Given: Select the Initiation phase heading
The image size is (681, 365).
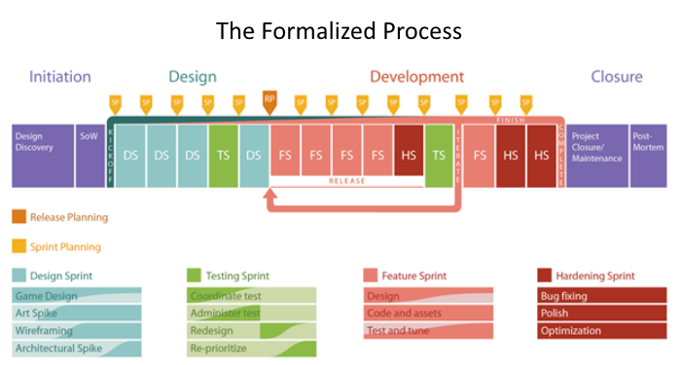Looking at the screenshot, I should coord(60,77).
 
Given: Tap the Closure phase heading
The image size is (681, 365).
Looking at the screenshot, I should coord(616,77).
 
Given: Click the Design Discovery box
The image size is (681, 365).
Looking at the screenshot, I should coord(42,155).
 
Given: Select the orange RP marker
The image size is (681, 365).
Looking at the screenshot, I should coord(269,99).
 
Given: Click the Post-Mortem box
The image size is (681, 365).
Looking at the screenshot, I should coord(646,155).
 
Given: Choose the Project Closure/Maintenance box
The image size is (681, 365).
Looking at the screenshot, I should coord(596,155).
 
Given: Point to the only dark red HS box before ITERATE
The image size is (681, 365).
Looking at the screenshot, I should coord(409,155).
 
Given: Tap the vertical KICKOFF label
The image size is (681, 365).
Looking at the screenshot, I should coord(111,155).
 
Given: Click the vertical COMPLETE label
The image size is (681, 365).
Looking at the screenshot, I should coord(561,155).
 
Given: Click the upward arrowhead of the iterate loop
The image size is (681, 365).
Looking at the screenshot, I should coord(270,197).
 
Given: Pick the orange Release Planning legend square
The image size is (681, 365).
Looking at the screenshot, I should coord(19,218).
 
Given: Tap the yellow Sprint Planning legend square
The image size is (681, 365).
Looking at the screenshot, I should coord(19,246).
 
